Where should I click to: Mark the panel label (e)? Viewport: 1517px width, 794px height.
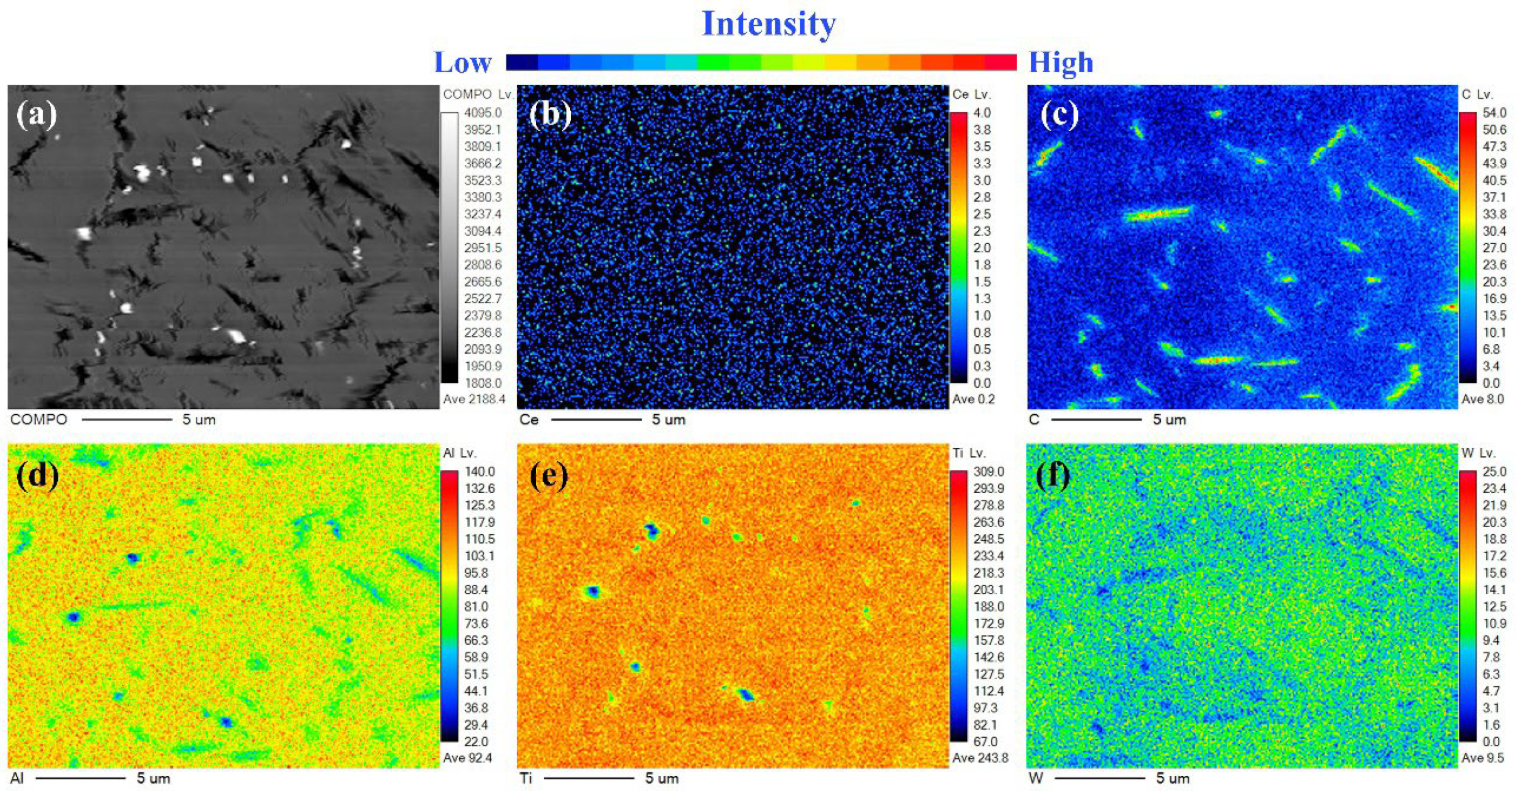(549, 475)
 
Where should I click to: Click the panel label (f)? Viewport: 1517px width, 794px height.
(1053, 475)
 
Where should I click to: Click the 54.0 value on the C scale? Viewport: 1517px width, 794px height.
(1494, 113)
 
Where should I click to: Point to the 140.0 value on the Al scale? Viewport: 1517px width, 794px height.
(479, 472)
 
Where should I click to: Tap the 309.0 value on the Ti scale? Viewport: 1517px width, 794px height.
(988, 472)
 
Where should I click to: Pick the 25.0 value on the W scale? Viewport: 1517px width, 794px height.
(1494, 472)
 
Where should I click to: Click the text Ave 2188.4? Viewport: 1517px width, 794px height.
(474, 399)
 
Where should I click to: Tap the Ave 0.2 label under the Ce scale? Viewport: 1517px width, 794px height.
(974, 399)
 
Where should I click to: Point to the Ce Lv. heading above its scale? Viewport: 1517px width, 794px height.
(971, 94)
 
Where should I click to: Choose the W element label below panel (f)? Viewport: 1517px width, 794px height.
(1035, 778)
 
